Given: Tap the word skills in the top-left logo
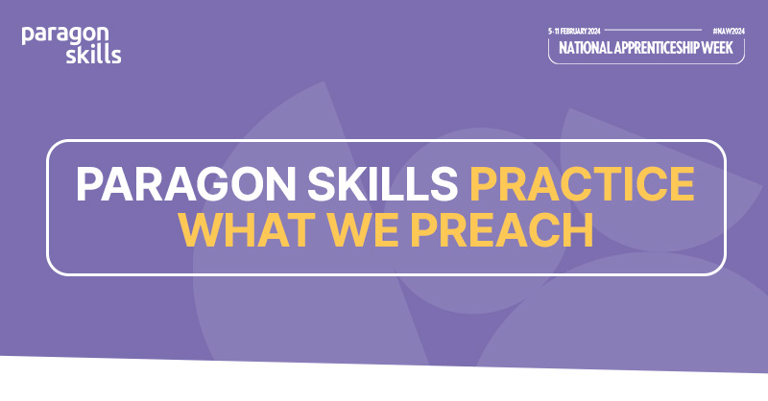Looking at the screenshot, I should click(93, 55).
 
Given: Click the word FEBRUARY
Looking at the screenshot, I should click(578, 31).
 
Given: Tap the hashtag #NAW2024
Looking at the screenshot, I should click(729, 31).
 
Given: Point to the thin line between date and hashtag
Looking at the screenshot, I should click(661, 31).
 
